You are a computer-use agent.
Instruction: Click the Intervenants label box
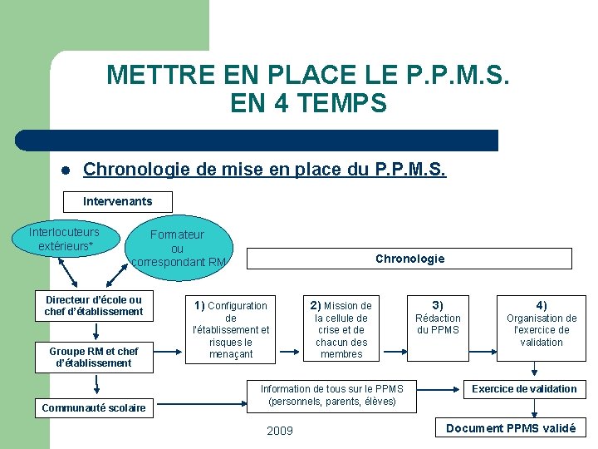[118, 201]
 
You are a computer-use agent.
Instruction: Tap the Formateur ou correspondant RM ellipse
[177, 248]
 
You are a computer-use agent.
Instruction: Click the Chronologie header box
[409, 259]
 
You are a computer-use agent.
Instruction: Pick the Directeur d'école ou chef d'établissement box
[94, 306]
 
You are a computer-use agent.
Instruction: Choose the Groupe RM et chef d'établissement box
[94, 357]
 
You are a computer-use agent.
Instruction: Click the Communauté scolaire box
[94, 407]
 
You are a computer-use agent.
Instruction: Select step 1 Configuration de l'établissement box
[231, 330]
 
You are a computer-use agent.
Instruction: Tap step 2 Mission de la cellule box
[341, 330]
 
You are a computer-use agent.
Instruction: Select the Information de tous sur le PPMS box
[332, 395]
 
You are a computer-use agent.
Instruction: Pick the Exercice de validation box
[524, 389]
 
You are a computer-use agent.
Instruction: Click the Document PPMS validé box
[511, 428]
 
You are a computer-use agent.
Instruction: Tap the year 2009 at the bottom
[279, 430]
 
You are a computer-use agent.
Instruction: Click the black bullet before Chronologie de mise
[64, 171]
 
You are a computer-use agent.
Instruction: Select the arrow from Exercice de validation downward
[535, 407]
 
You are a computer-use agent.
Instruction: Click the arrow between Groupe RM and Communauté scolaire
[97, 384]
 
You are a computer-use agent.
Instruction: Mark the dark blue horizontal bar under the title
[257, 141]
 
